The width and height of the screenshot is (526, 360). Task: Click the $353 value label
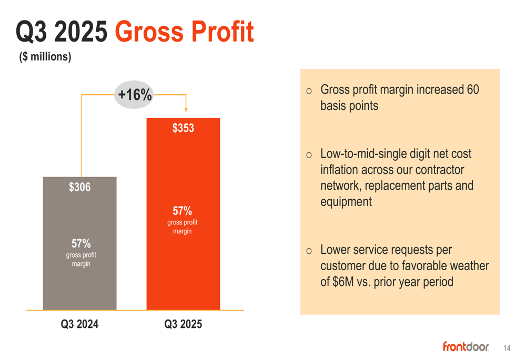183,128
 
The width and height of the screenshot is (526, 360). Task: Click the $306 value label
79,187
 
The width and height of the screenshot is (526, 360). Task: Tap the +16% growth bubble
135,95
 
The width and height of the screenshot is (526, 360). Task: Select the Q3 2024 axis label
79,324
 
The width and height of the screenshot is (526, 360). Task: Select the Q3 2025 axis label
183,324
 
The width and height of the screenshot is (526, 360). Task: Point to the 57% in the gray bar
81,243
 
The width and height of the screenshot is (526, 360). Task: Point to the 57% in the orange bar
182,211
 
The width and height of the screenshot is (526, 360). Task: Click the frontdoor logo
466,346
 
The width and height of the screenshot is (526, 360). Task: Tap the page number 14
507,348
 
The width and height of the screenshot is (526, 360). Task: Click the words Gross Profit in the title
184,33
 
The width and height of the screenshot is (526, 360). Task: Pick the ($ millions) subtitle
45,57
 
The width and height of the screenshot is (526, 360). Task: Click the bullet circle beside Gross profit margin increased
309,91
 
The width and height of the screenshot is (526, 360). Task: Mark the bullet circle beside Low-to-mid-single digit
309,155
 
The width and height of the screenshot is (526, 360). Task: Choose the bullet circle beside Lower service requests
309,251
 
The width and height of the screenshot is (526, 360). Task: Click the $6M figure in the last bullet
344,282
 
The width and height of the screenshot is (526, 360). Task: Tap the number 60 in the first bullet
472,90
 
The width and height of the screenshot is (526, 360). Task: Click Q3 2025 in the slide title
62,33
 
